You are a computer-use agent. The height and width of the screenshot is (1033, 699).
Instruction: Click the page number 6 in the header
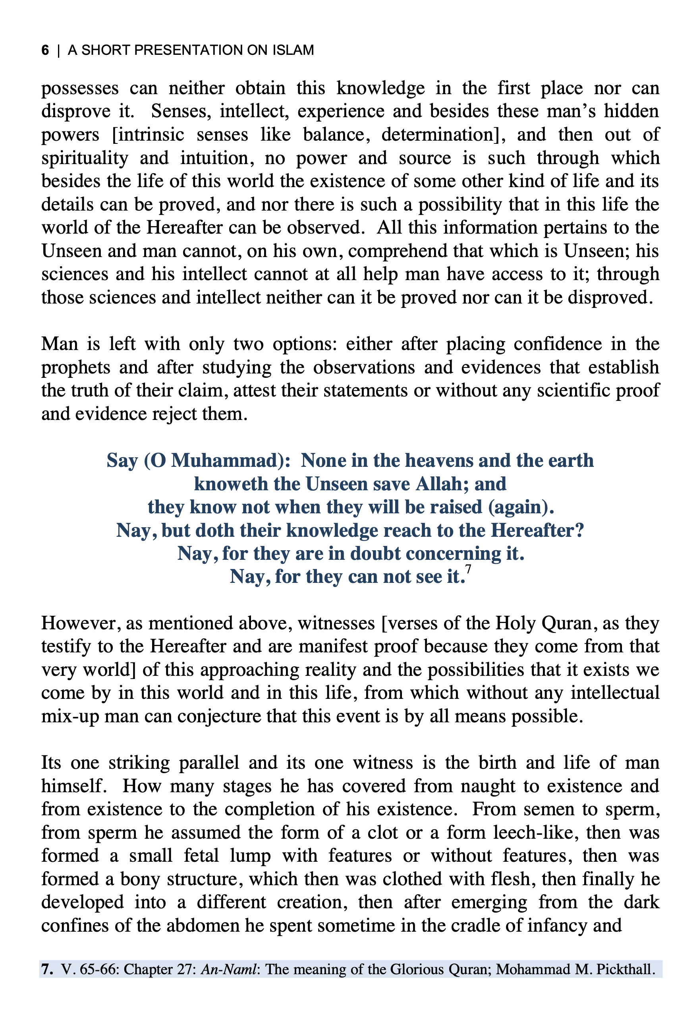45,50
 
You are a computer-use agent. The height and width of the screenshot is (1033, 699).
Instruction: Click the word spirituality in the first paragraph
85,158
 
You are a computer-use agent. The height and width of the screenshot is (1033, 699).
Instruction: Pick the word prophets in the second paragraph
70,368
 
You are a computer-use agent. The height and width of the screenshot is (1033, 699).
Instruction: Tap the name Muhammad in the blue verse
224,460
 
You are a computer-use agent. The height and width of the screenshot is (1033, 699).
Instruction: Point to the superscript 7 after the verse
468,569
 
